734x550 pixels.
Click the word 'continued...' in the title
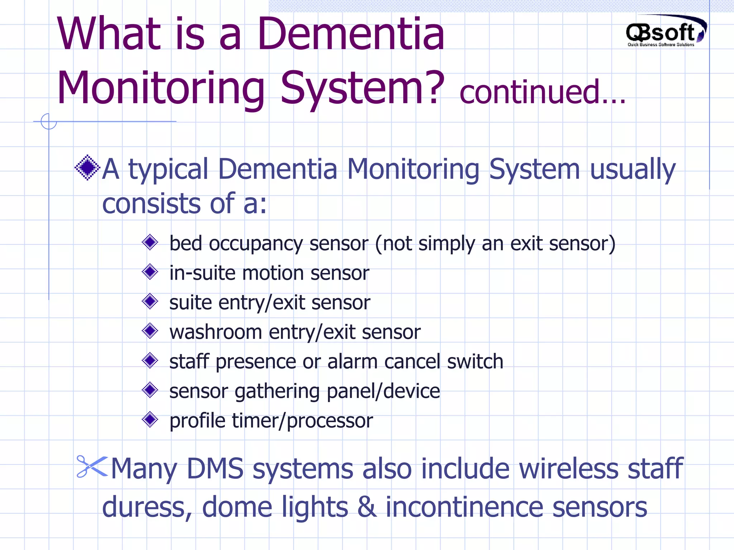coord(542,92)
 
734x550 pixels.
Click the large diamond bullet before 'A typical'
coord(87,168)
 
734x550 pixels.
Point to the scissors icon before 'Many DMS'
coord(92,466)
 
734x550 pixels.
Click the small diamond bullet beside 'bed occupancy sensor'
coord(150,242)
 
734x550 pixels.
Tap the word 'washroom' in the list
coord(215,332)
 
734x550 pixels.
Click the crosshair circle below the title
coord(49,121)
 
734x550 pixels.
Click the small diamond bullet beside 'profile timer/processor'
coord(150,419)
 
